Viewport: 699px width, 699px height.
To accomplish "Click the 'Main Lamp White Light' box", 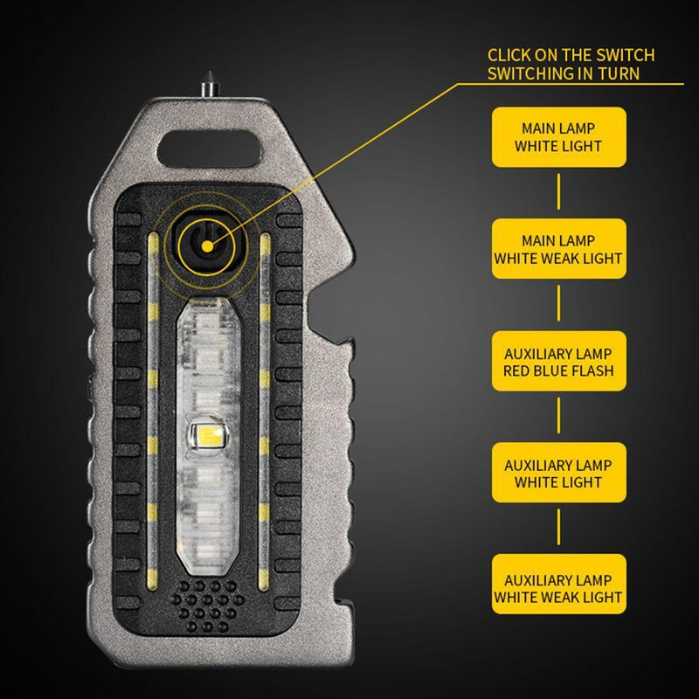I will coord(559,136).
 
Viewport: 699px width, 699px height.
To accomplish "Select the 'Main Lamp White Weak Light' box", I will coord(559,248).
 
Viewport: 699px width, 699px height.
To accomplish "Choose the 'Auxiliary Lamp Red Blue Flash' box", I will coord(559,361).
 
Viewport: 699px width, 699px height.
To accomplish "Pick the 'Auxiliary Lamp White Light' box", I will coord(559,473).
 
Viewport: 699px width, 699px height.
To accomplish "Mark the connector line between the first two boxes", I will coord(559,192).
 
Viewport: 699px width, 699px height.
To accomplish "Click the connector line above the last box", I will coord(559,529).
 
